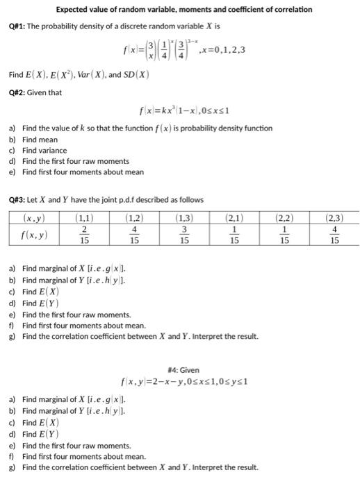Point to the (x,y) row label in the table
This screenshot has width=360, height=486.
click(34, 218)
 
